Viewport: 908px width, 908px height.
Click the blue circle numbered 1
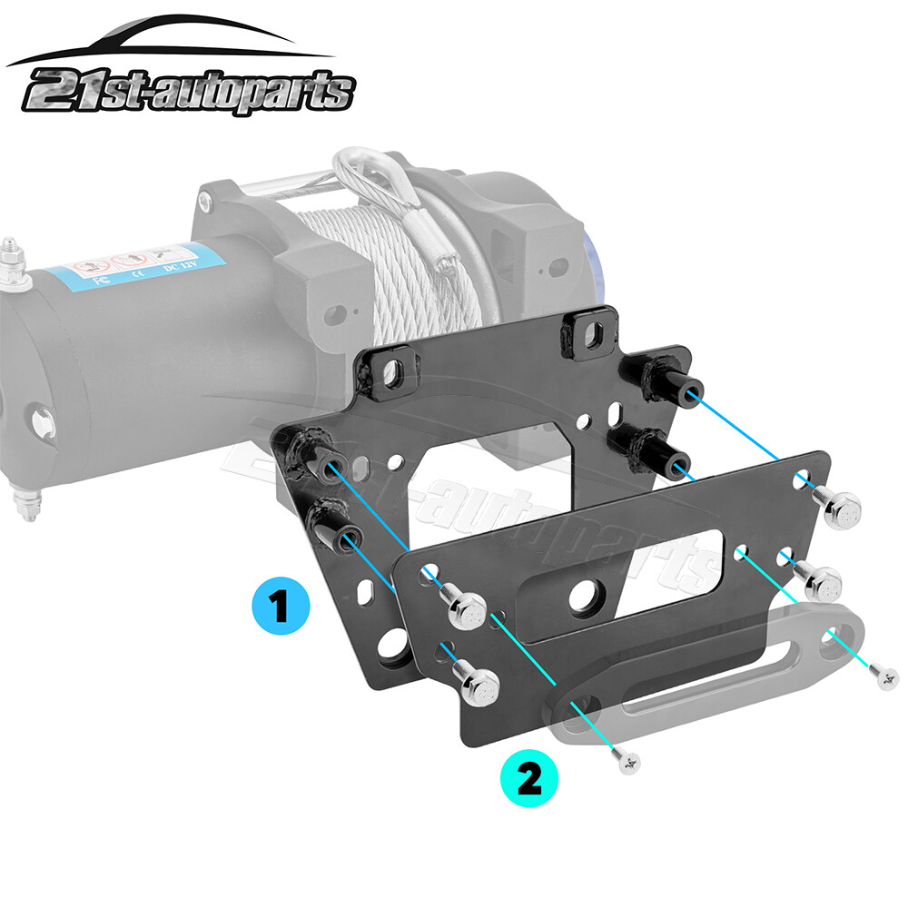(x=279, y=607)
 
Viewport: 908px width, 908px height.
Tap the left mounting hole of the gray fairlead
(x=578, y=710)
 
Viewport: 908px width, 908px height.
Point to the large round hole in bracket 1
(x=394, y=646)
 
